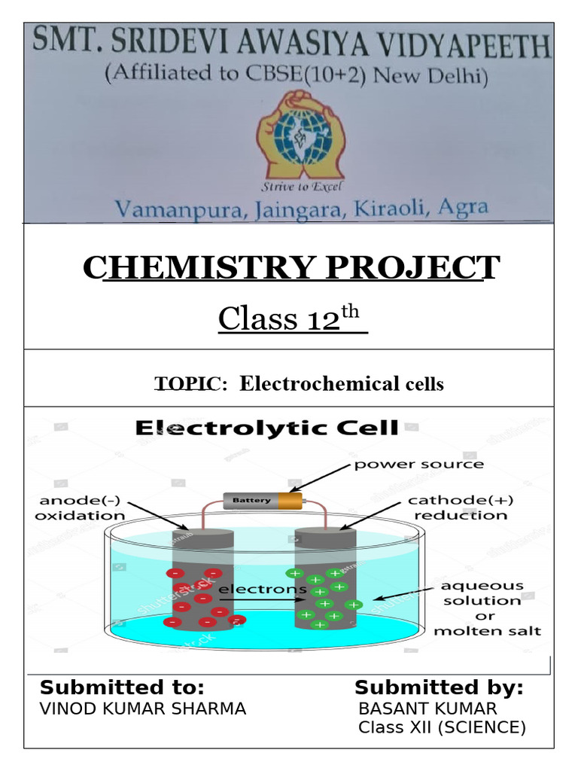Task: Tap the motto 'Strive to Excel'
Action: pos(300,187)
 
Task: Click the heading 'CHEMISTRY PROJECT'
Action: pos(290,267)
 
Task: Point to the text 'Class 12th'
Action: pos(291,318)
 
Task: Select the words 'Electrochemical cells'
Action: pos(342,384)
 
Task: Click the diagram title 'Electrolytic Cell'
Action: pos(266,429)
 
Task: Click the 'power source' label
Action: pos(419,465)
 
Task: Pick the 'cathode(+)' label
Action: pos(458,500)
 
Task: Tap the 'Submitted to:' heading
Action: pos(122,687)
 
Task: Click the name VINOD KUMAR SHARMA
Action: pos(142,709)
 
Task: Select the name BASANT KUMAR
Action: pos(427,709)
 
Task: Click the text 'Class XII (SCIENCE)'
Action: pos(441,727)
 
